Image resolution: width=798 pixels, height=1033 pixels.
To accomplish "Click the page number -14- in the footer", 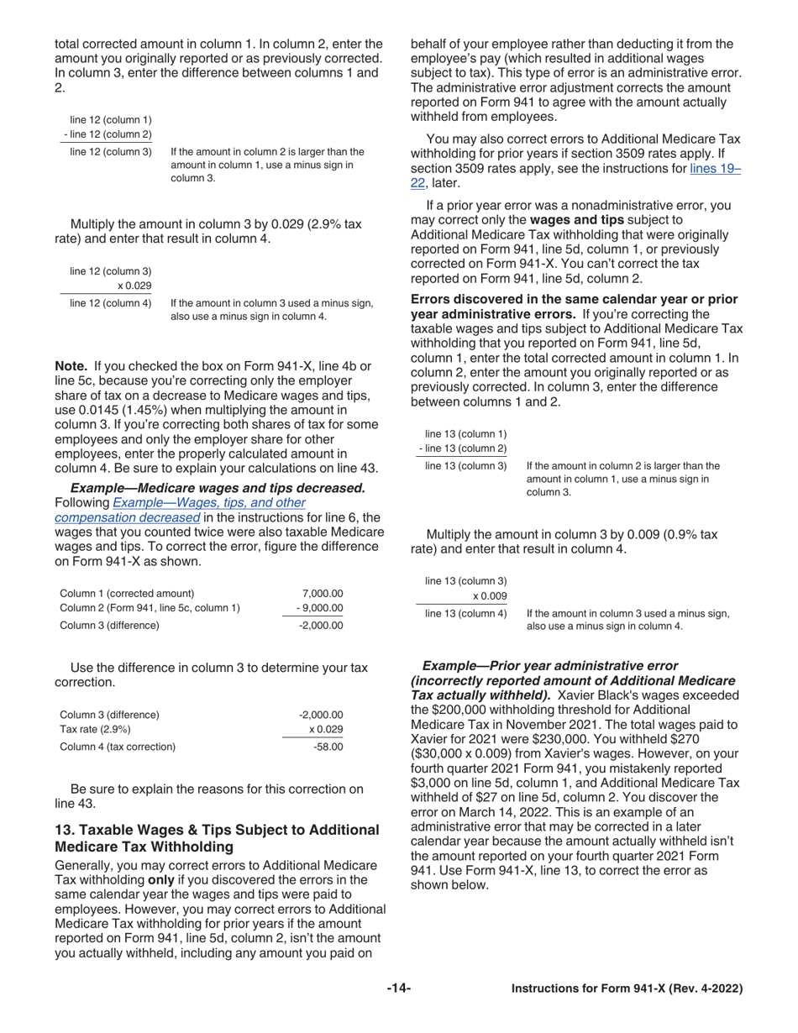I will coord(398,989).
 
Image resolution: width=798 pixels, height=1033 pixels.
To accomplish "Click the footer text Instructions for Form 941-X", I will coord(627,989).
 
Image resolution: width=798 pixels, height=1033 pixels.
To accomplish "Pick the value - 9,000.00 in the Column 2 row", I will coord(318,608).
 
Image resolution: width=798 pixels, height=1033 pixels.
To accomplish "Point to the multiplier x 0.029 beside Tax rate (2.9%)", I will coord(326,729).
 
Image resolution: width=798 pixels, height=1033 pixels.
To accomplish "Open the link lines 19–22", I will coord(715,169).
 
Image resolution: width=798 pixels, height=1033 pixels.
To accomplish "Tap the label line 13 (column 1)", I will coord(466,433).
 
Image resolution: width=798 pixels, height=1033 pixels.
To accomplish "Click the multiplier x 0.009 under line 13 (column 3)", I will coord(490,596).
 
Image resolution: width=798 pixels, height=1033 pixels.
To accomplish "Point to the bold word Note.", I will coord(71,366).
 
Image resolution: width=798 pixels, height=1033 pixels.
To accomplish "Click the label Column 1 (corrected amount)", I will coord(127,593).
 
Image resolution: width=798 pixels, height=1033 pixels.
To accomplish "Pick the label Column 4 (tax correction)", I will coord(118,746).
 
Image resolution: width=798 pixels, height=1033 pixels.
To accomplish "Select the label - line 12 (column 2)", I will coord(108,134).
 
